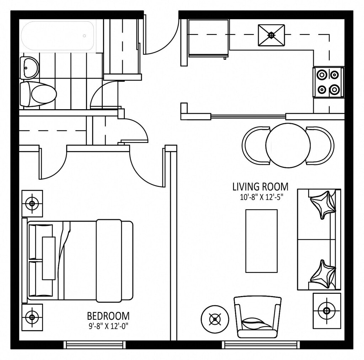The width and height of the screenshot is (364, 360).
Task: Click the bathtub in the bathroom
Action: click(58, 36)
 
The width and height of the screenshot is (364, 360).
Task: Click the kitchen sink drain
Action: click(271, 35)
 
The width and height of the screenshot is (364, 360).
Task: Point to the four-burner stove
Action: click(328, 82)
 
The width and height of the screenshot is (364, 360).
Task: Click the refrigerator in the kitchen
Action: click(208, 38)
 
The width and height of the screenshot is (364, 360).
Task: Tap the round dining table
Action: click(288, 145)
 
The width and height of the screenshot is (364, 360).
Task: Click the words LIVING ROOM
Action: click(261, 187)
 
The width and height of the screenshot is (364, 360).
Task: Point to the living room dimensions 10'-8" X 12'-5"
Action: click(261, 197)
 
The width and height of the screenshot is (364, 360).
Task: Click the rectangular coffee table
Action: click(261, 241)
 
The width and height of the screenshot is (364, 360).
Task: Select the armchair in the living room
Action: click(257, 317)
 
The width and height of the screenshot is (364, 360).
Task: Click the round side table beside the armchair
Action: click(215, 319)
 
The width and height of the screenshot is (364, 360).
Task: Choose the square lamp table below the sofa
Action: click(327, 311)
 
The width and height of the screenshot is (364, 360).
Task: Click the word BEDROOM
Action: click(108, 316)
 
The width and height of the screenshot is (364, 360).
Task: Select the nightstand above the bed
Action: click(32, 203)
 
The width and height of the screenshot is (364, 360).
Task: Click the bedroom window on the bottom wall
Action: click(94, 345)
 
